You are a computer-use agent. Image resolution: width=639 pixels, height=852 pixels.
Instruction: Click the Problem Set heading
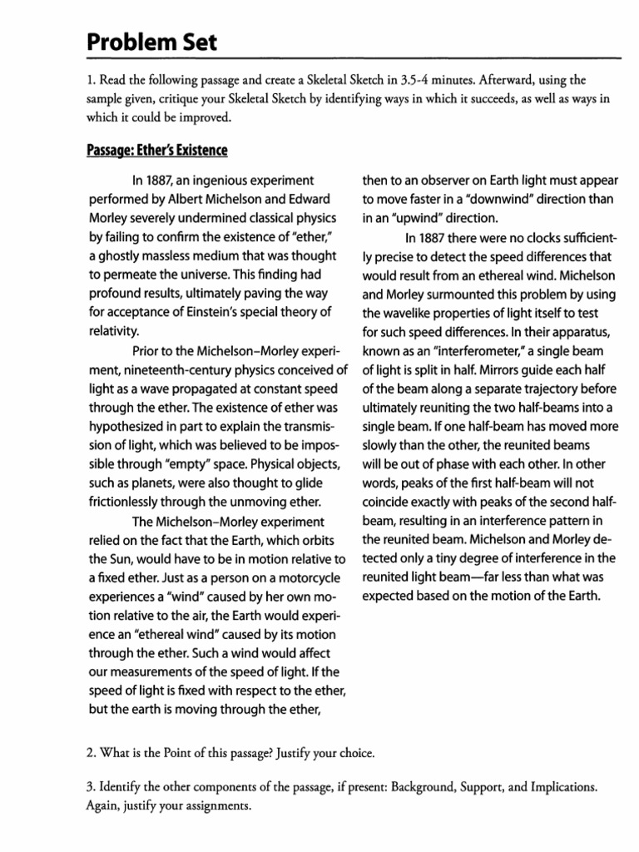151,41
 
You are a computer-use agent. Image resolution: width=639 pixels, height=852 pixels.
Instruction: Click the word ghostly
127,255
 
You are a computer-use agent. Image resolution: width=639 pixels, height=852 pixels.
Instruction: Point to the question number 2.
90,754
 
